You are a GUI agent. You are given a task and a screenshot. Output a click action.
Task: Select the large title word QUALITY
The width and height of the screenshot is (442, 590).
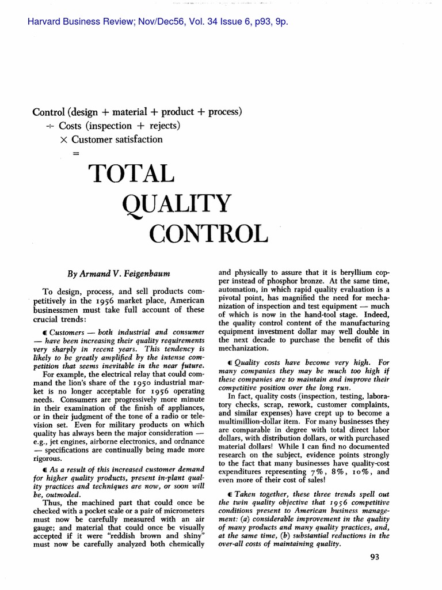tap(177, 205)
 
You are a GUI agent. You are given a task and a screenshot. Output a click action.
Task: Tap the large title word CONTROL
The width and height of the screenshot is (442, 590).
tap(208, 234)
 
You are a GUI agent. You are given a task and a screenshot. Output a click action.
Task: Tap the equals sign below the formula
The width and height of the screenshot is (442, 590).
tap(75, 153)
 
